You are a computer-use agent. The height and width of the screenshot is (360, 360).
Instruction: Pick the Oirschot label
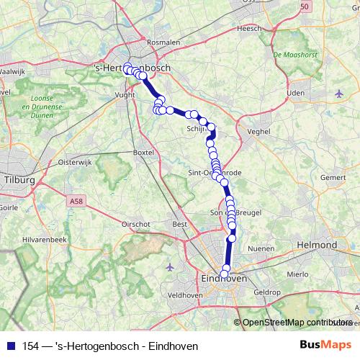[135, 224]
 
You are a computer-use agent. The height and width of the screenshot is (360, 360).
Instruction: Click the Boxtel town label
[144, 153]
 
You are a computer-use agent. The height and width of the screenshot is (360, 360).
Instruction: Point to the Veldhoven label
[185, 295]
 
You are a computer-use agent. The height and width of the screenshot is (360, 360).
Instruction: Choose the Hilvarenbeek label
[45, 238]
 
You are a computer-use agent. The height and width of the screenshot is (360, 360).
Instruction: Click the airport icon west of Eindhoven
[170, 268]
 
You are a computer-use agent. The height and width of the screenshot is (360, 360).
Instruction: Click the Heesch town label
[249, 28]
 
